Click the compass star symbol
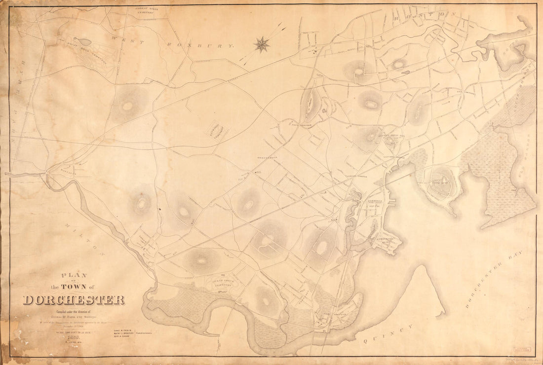point(262,45)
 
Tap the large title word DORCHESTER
point(74,300)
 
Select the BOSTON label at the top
point(429,15)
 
